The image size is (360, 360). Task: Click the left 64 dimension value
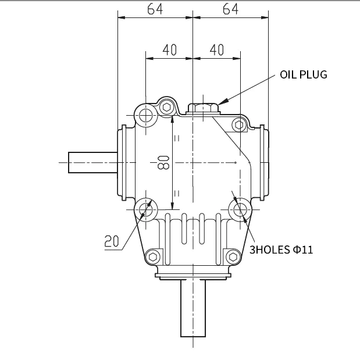coord(155,9)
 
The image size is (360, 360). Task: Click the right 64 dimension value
coord(231,9)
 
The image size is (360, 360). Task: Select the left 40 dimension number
coord(169,50)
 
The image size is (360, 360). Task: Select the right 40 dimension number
coord(216,50)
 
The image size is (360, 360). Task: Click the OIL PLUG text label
coord(303,74)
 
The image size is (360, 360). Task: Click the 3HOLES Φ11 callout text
coord(281,250)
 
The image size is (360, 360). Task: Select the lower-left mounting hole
coord(145,209)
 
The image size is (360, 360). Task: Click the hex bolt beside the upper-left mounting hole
coord(167,107)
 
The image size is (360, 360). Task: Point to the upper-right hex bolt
coord(238,124)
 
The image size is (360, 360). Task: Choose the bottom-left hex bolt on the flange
coord(153,256)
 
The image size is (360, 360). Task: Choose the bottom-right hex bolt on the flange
coord(233,256)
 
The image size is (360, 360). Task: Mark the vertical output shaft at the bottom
coord(193,308)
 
